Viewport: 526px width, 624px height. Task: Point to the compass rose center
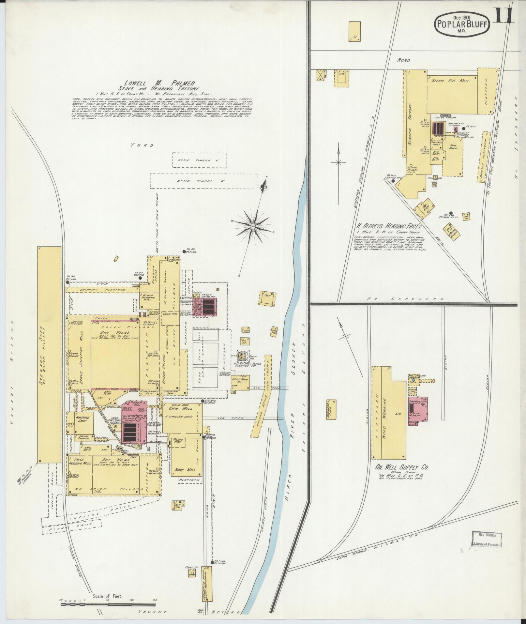pyautogui.click(x=253, y=226)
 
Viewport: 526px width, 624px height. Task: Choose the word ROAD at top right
pyautogui.click(x=403, y=60)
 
